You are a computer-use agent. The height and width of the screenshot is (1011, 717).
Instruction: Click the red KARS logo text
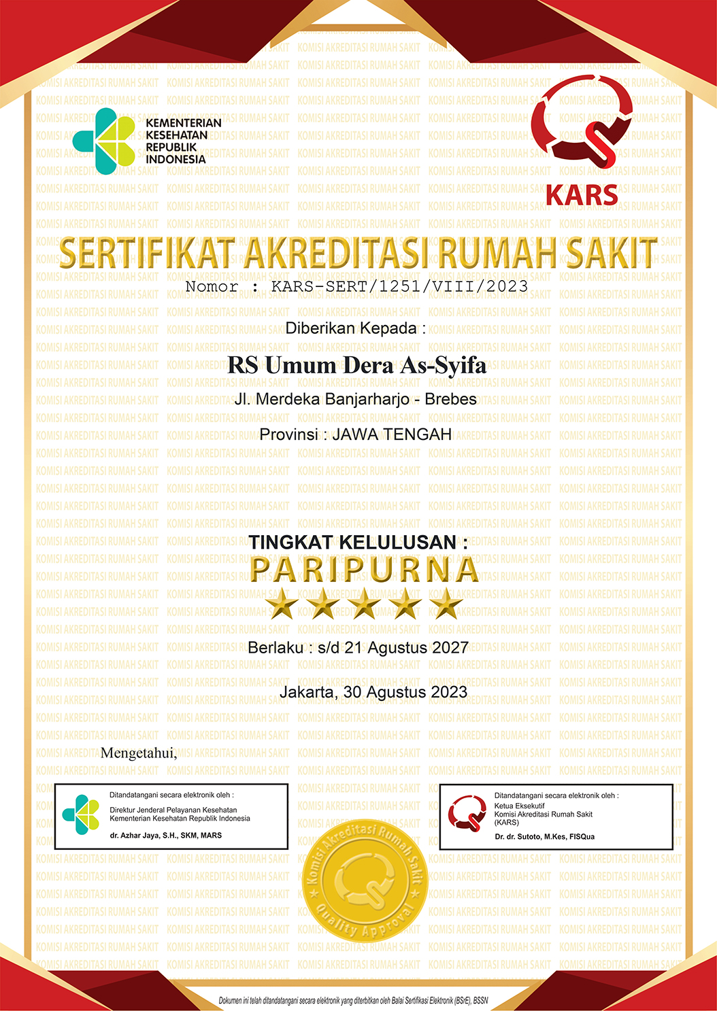click(x=582, y=196)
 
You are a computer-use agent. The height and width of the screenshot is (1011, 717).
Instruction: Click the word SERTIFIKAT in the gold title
click(x=147, y=253)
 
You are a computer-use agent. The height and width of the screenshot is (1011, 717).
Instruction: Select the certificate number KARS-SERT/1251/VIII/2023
click(x=399, y=286)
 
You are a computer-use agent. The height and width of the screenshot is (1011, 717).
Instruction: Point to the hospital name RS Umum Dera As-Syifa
click(x=356, y=365)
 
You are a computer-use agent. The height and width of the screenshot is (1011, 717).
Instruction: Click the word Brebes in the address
click(x=450, y=399)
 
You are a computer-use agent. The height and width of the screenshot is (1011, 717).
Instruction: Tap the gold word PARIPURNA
click(x=365, y=570)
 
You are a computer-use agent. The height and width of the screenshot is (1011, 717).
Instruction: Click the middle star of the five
click(x=365, y=604)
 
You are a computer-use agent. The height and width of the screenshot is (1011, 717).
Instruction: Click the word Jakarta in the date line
click(x=307, y=692)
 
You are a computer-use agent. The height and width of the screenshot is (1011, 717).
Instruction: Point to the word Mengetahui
click(x=139, y=753)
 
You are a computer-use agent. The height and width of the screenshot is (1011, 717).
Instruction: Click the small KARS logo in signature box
click(x=467, y=814)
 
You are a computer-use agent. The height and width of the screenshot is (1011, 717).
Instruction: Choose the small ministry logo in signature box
click(x=80, y=814)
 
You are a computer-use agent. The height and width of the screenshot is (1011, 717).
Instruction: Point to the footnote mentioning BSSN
click(x=353, y=1001)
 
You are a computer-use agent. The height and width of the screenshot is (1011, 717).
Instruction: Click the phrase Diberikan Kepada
click(x=356, y=328)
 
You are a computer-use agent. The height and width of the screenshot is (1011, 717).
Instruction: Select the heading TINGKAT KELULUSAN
click(x=358, y=542)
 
